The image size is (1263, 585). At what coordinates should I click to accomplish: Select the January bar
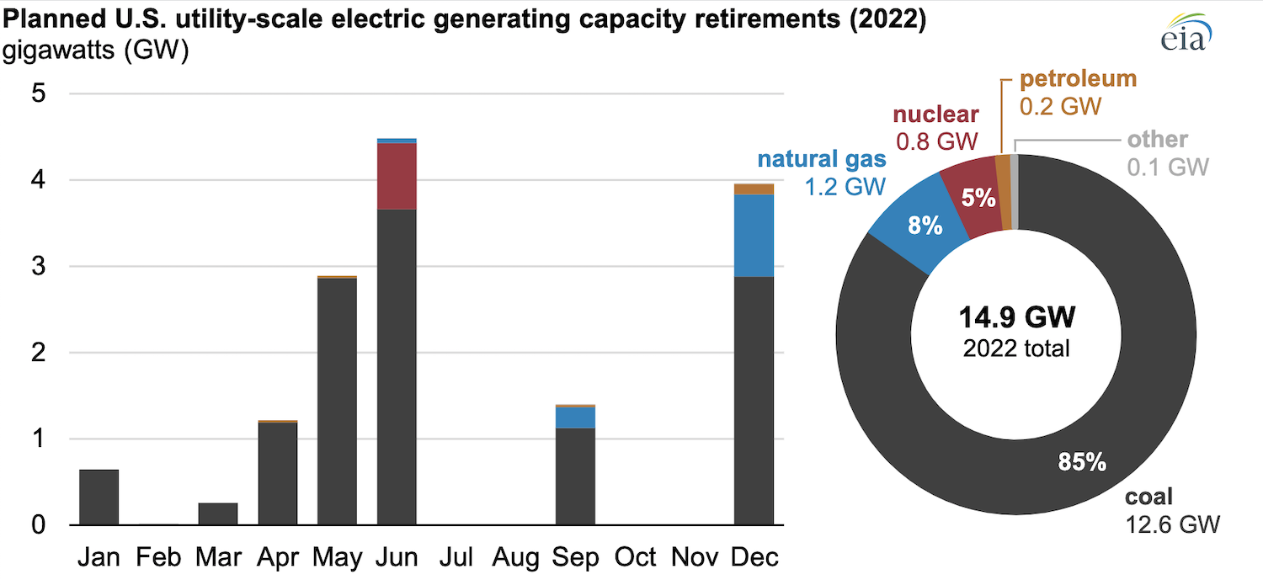[99, 497]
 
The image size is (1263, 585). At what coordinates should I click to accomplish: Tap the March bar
[217, 514]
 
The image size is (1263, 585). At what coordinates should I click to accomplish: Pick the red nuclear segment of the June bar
[397, 176]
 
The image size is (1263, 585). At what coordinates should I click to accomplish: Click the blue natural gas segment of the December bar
[754, 236]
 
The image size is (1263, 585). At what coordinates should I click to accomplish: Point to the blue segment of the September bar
[575, 417]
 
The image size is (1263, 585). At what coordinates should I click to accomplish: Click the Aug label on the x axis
[515, 557]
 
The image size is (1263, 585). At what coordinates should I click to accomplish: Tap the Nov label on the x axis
[695, 557]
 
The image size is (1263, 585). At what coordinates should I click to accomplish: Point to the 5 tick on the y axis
[37, 94]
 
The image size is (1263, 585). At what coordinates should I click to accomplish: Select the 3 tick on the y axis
[37, 267]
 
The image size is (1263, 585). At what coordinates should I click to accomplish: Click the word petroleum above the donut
[1078, 80]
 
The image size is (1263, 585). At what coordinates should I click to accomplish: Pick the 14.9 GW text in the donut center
[1017, 317]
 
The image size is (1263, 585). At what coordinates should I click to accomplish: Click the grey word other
[1158, 139]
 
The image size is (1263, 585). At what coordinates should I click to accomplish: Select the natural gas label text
[822, 159]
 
